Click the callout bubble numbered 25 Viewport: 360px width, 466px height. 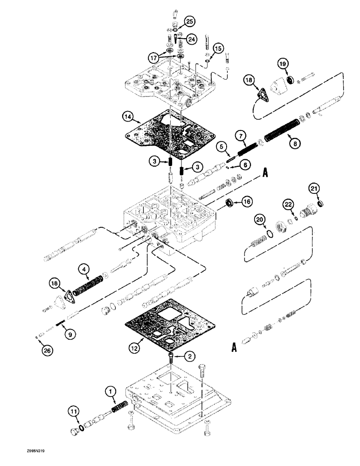click(190, 21)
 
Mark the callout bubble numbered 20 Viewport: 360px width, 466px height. click(260, 219)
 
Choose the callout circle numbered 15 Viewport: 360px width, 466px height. click(219, 48)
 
